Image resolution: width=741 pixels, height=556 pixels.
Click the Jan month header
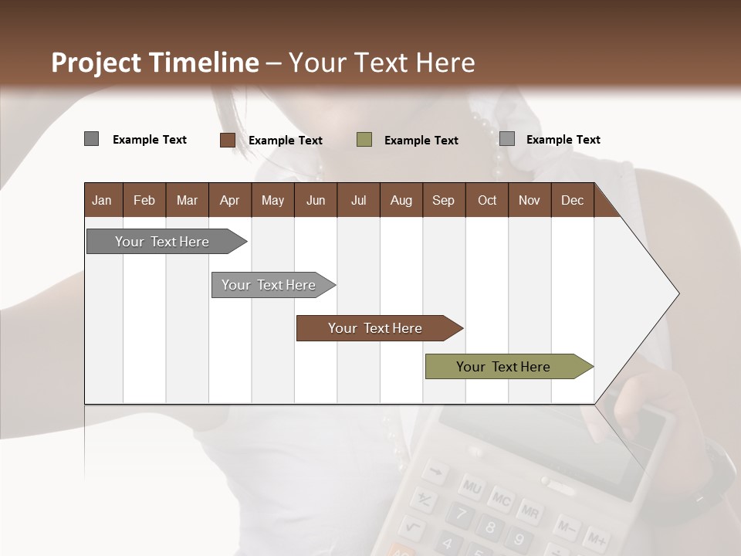coord(102,201)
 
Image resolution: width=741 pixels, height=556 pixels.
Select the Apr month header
coord(229,201)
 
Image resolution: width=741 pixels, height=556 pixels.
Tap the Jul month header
coord(358,201)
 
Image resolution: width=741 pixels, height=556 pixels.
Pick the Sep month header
coord(443,201)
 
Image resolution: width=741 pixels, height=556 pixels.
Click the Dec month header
coord(572,201)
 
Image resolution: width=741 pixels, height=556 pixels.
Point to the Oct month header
coord(487,201)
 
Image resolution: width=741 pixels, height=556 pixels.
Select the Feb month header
coord(144,201)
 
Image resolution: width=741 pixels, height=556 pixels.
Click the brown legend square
coord(227,140)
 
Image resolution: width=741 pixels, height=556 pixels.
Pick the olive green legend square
coord(364,140)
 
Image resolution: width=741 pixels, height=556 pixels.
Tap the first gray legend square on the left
coord(91,139)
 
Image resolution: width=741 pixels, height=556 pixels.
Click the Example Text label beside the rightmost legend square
coord(563,140)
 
